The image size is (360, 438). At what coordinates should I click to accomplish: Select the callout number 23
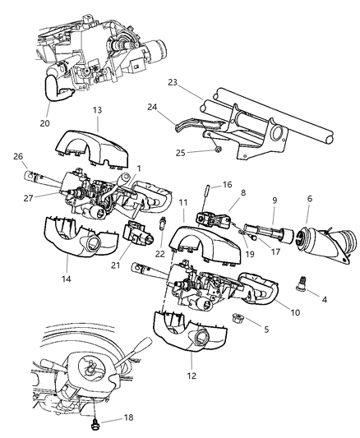tap(173, 83)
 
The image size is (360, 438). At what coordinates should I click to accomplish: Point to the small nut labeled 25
tap(219, 150)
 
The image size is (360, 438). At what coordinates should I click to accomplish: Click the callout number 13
tap(97, 110)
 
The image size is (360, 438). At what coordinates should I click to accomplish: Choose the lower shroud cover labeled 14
tap(81, 237)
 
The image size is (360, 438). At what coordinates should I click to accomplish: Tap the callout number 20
tap(44, 123)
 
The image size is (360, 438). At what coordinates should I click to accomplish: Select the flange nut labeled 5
tap(238, 318)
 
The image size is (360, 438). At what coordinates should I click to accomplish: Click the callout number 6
tap(309, 199)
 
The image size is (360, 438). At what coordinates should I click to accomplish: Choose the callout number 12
tap(192, 376)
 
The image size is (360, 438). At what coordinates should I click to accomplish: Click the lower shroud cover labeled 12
tap(190, 332)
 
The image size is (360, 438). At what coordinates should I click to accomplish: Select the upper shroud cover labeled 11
tap(205, 243)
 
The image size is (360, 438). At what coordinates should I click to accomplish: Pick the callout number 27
tap(29, 198)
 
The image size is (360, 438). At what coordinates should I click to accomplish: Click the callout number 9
tap(275, 201)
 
